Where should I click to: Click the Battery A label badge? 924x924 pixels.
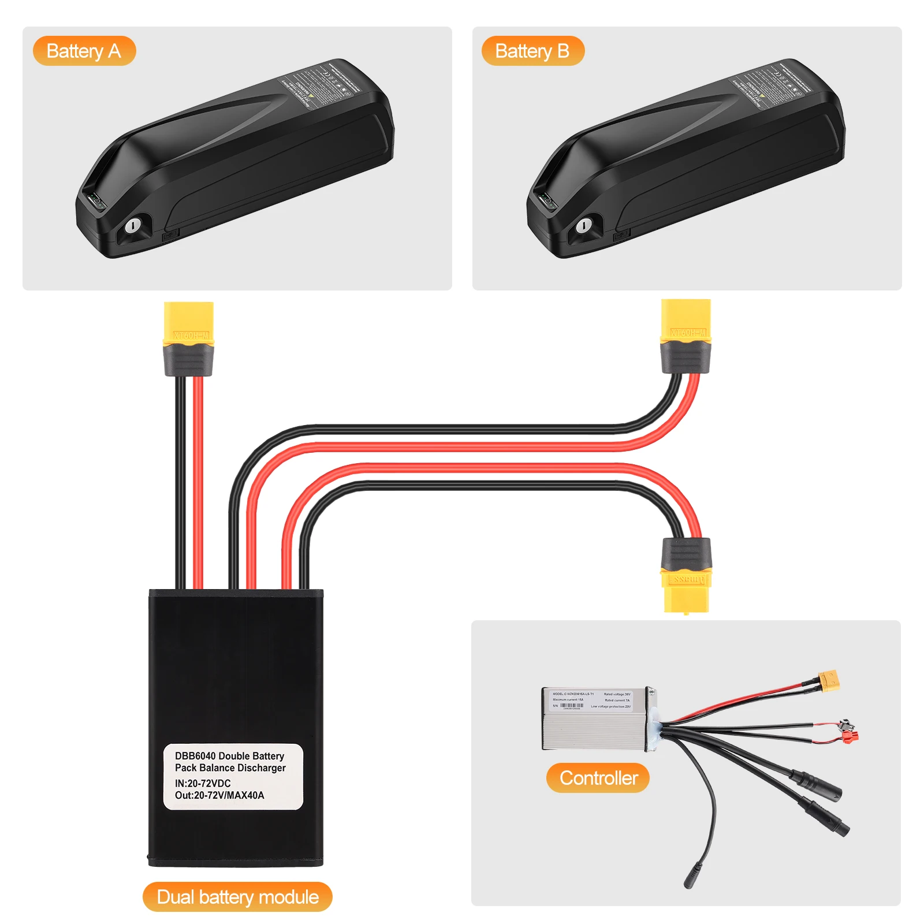point(84,51)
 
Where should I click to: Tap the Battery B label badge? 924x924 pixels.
point(532,51)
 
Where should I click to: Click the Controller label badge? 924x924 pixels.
point(598,778)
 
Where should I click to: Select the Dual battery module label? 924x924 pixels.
point(237,897)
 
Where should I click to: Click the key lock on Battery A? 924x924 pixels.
point(132,225)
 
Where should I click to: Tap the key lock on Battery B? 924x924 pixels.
point(583,225)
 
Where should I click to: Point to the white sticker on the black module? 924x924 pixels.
point(233,776)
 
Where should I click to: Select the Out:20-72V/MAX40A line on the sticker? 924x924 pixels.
point(219,795)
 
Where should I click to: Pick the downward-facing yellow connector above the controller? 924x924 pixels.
point(686,592)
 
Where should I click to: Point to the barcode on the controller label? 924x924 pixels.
point(572,706)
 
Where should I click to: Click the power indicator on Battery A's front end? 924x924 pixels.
point(95,202)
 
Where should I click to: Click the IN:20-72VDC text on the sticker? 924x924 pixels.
point(203,783)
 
